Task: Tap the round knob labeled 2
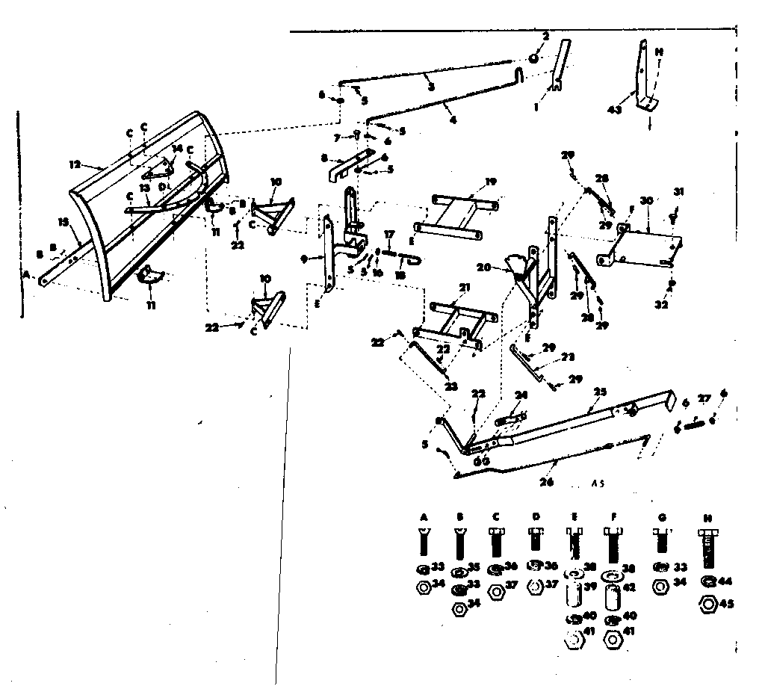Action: click(536, 58)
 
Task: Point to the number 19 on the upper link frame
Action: click(490, 181)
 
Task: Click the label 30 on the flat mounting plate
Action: click(647, 201)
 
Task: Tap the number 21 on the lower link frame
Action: click(464, 288)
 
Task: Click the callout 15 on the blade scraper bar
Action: click(64, 221)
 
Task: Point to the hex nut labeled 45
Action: click(707, 604)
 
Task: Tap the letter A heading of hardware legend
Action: click(424, 516)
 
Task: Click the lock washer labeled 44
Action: click(707, 581)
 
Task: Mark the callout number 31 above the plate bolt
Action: click(678, 191)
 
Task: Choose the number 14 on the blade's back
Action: click(177, 148)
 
